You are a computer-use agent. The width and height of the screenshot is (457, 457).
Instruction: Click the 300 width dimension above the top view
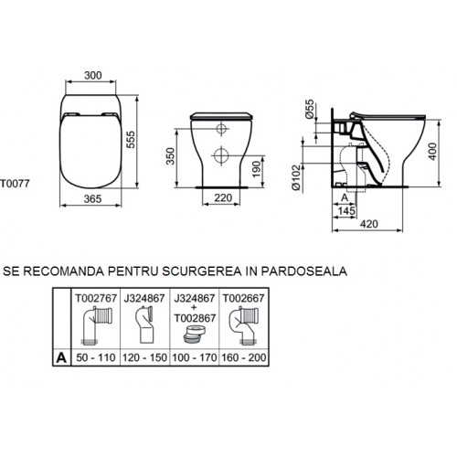click(x=93, y=75)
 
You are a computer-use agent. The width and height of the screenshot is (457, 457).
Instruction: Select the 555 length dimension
click(x=131, y=140)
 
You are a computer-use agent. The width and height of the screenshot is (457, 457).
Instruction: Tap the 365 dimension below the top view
click(x=92, y=199)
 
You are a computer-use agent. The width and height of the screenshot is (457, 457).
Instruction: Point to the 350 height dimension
click(x=170, y=156)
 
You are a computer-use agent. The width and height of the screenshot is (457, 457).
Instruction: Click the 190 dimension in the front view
click(x=257, y=169)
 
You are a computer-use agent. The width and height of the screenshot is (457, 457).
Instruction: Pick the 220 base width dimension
click(x=223, y=197)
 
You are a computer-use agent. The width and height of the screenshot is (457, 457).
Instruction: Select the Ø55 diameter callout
click(x=309, y=109)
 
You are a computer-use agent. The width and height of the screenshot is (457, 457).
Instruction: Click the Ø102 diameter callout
click(x=296, y=177)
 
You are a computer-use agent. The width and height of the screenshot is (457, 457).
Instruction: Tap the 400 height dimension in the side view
click(x=432, y=151)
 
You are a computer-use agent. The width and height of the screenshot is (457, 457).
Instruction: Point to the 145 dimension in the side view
click(x=346, y=210)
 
